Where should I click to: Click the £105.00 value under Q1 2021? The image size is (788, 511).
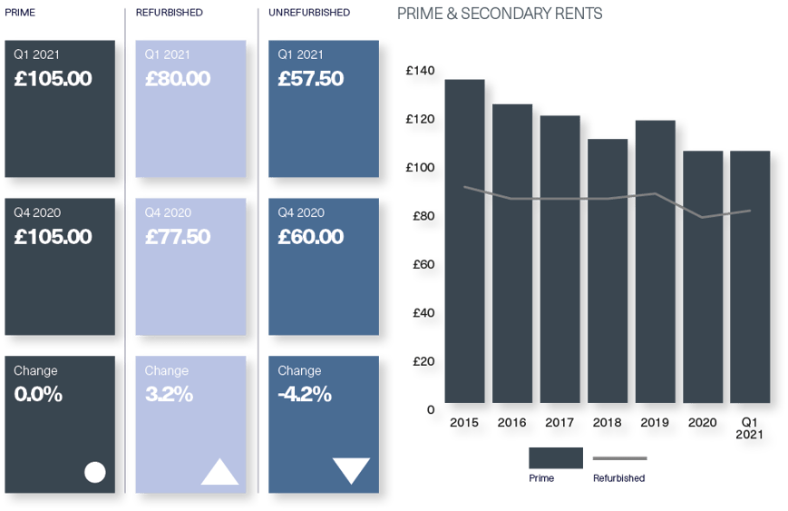[x=54, y=79]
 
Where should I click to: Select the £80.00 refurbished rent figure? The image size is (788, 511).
[x=178, y=79]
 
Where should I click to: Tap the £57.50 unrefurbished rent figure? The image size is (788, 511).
[x=311, y=79]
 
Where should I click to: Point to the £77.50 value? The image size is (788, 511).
[x=178, y=237]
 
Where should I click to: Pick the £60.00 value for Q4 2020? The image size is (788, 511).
[x=311, y=237]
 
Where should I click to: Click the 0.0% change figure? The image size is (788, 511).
[x=38, y=395]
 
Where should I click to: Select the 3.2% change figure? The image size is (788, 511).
[x=169, y=395]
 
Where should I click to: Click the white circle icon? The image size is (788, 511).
[x=95, y=472]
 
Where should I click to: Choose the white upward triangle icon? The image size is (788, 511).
[x=220, y=472]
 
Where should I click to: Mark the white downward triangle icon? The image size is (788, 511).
[x=351, y=470]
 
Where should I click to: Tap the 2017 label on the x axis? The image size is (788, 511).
[x=559, y=422]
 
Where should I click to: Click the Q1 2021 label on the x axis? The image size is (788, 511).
[x=749, y=427]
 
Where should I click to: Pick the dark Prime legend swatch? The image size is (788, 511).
[x=555, y=457]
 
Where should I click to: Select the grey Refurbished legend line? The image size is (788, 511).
[x=619, y=458]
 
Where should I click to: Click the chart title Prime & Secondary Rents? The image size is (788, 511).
[x=500, y=14]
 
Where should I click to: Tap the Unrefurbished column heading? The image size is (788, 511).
[x=309, y=13]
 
